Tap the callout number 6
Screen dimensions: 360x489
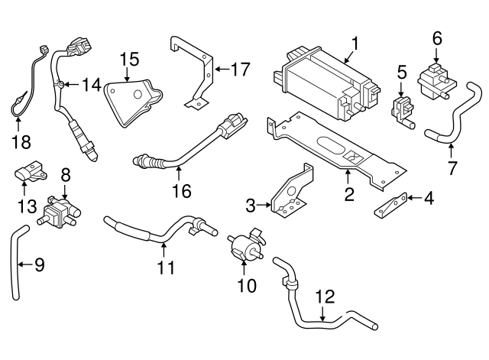437,37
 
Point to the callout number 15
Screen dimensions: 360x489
128,59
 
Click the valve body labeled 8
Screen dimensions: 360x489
61,209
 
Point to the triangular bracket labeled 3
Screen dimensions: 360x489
291,192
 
